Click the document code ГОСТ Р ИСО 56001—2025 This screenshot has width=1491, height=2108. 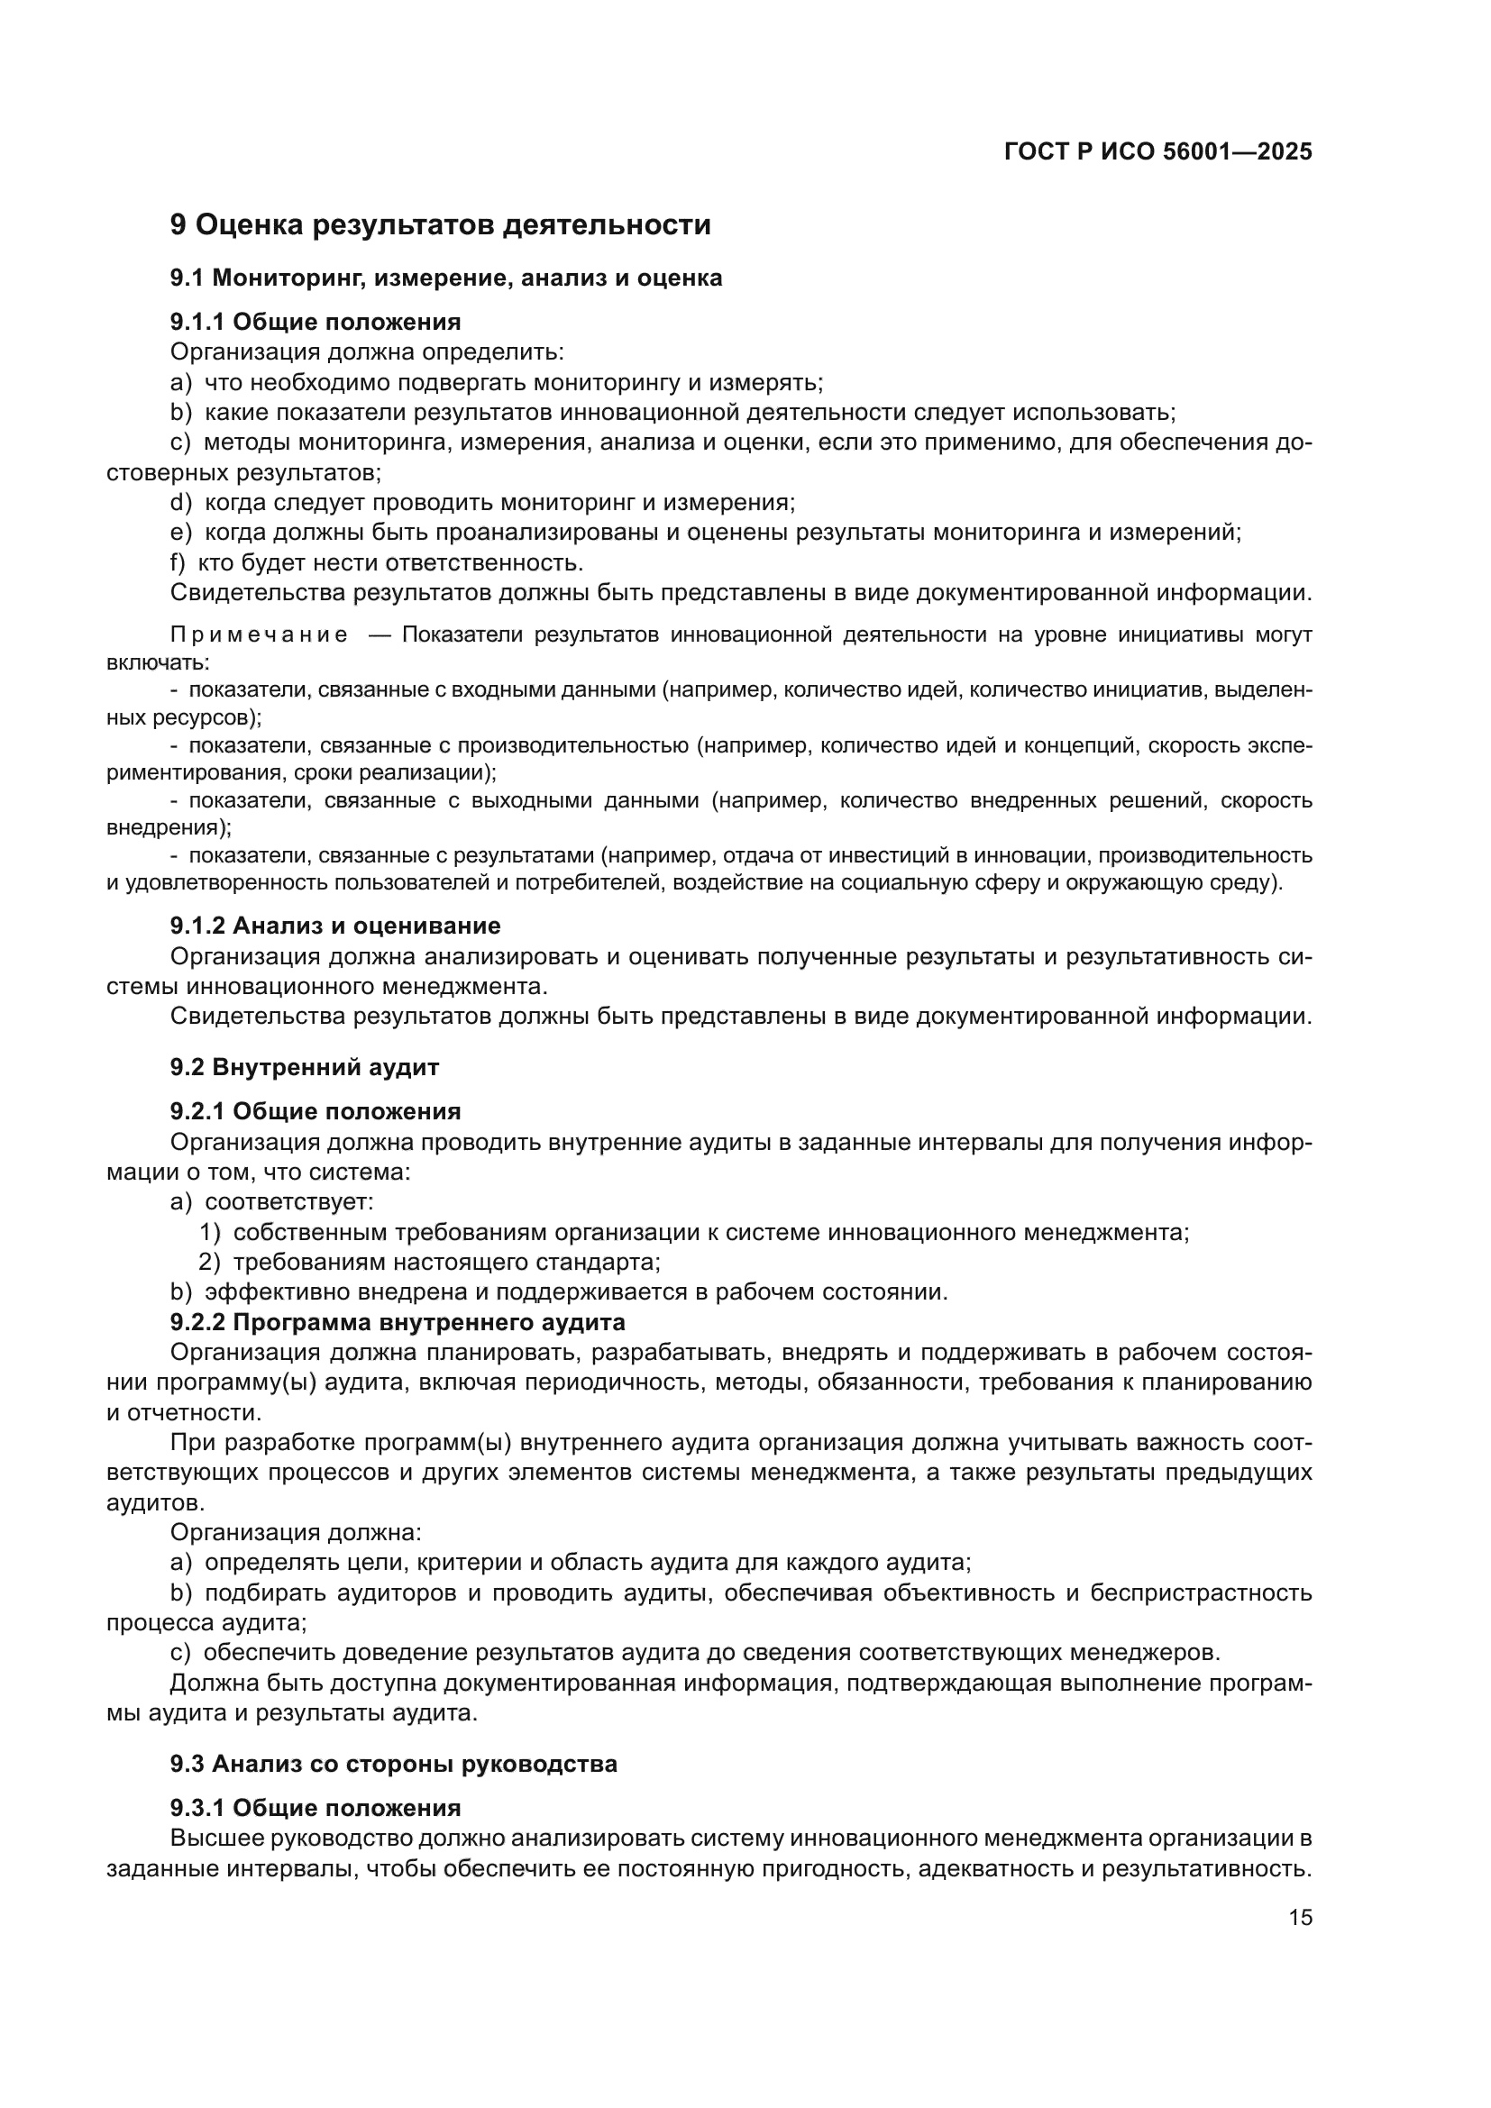[1157, 151]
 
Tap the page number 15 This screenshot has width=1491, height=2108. [1300, 1917]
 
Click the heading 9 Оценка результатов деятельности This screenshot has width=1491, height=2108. [440, 224]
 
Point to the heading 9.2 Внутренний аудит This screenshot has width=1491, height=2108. [304, 1067]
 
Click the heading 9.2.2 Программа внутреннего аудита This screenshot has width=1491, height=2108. [398, 1322]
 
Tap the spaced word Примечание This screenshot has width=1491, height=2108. [259, 635]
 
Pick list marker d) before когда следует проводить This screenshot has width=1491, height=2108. [181, 502]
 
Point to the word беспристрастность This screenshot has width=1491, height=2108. [1201, 1592]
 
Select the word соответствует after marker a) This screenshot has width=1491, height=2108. [288, 1202]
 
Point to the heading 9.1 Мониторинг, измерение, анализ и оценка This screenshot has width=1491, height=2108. [445, 278]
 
